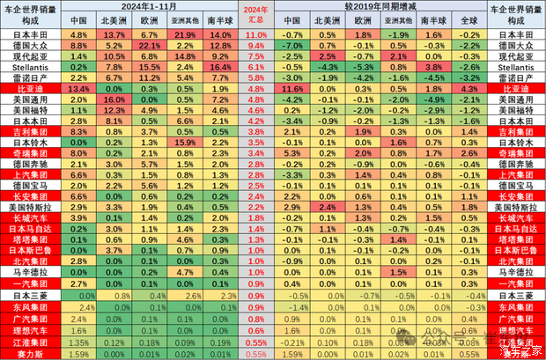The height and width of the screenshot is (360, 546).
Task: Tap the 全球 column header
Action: (x=470, y=19)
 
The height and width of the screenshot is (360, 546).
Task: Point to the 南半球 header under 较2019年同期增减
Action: (x=433, y=19)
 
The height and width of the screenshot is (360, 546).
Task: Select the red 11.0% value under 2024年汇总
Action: (x=255, y=33)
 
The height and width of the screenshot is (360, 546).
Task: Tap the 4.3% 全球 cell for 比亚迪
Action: (x=470, y=88)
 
